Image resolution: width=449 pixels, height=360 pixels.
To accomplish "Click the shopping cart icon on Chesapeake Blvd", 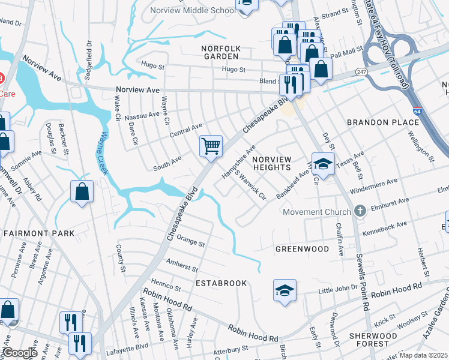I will click(211, 146).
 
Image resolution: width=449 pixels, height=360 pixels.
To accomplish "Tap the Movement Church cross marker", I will click(360, 211).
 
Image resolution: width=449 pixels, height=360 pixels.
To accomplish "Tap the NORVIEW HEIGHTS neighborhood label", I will click(272, 163).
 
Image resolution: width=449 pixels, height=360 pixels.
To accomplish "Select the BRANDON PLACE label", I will click(382, 122).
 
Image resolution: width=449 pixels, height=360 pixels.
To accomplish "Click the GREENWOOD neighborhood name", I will click(302, 248).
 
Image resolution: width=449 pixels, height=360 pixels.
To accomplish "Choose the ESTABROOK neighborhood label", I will click(221, 283).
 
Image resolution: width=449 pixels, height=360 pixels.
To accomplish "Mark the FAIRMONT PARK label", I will click(39, 233).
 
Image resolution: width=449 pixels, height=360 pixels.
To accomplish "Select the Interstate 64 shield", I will click(417, 111).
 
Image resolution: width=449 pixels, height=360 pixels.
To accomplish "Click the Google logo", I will click(19, 353).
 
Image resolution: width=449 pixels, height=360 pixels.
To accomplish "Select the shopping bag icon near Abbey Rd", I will click(82, 193).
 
